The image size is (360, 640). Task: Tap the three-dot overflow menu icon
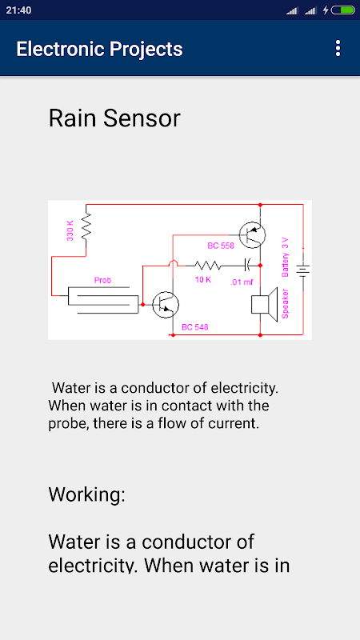click(338, 48)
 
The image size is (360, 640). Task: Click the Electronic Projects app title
click(99, 49)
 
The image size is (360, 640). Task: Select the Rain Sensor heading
click(114, 118)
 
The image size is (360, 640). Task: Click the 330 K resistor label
click(70, 230)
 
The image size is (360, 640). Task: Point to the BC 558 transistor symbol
click(252, 235)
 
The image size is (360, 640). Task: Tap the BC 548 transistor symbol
click(166, 305)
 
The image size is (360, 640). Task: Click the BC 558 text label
click(221, 246)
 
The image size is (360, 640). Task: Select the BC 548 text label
click(194, 327)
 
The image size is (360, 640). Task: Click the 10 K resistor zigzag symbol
click(208, 266)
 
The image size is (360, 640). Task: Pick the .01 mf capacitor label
click(242, 282)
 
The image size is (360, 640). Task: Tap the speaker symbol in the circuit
click(264, 304)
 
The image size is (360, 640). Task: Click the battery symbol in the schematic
click(303, 270)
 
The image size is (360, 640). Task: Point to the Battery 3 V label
click(286, 257)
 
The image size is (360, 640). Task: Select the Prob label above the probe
click(102, 281)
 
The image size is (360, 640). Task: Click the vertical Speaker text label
click(286, 304)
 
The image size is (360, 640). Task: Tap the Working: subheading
click(86, 494)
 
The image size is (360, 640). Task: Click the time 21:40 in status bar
click(18, 10)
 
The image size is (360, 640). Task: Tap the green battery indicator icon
click(343, 10)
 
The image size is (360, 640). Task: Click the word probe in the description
click(67, 424)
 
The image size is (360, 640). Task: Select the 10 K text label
click(202, 280)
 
